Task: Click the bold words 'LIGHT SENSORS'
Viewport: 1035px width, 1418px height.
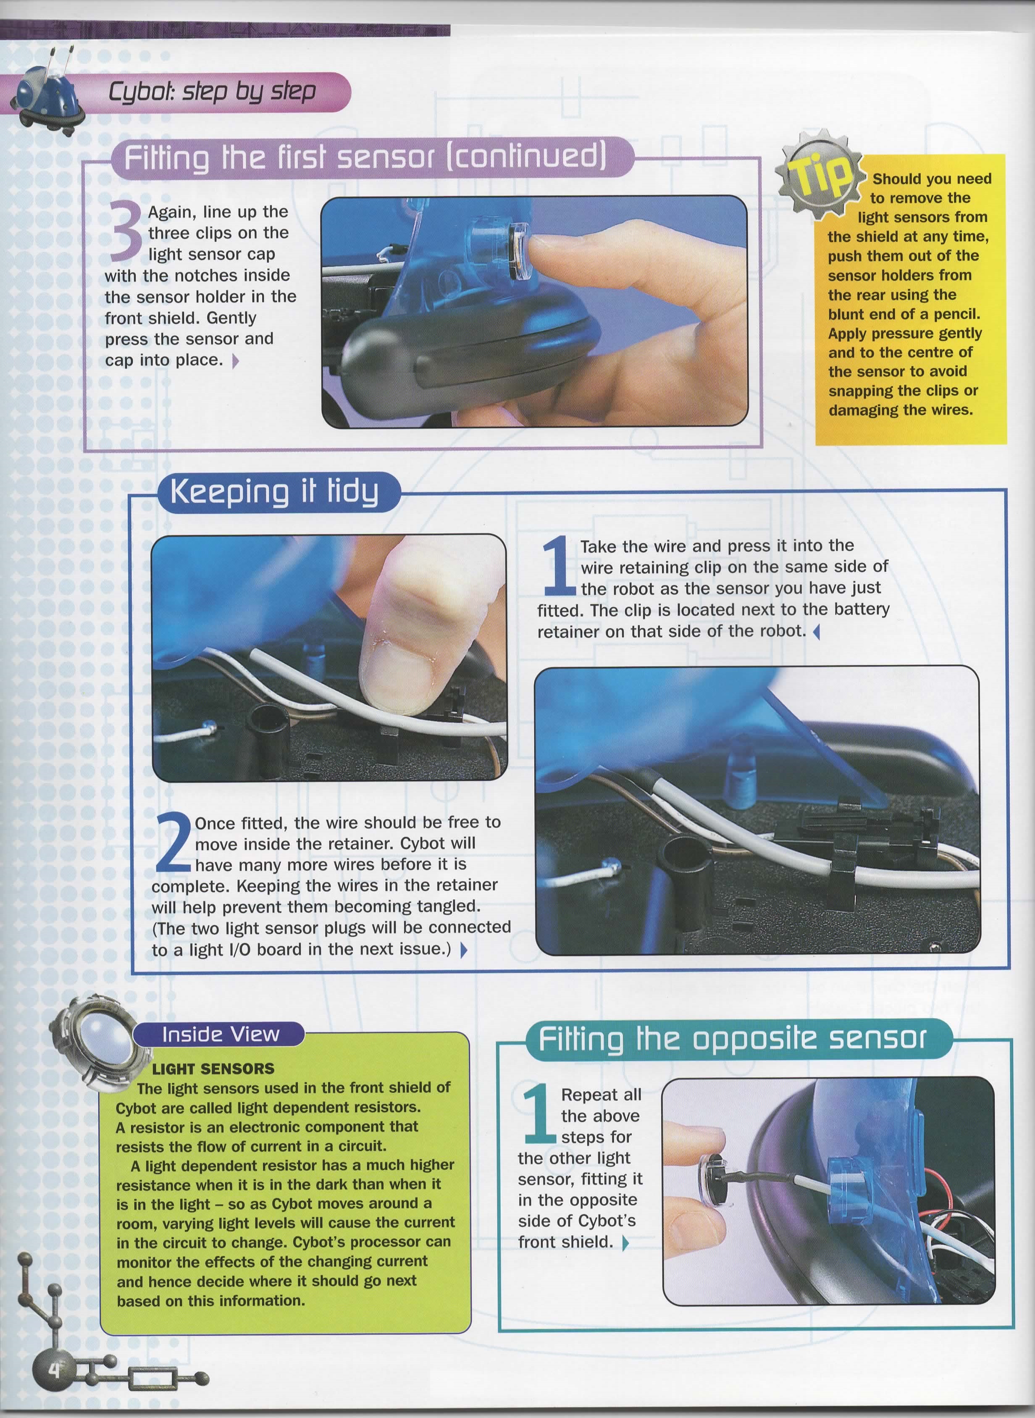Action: (213, 1069)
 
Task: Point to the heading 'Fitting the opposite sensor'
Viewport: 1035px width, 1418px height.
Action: (732, 1039)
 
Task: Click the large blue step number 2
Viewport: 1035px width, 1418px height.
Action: (171, 843)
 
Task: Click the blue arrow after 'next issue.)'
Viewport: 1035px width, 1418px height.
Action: (464, 950)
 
